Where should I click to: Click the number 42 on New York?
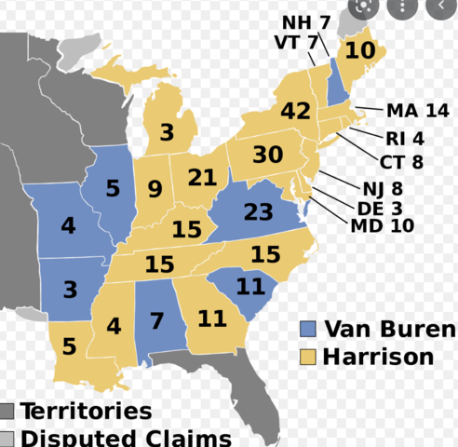(295, 112)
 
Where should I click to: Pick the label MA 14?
(418, 110)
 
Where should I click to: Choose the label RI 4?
(405, 139)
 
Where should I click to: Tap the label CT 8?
(405, 161)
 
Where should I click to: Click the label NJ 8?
(384, 189)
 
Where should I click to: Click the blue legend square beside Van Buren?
(308, 329)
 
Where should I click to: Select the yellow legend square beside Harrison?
(308, 357)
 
